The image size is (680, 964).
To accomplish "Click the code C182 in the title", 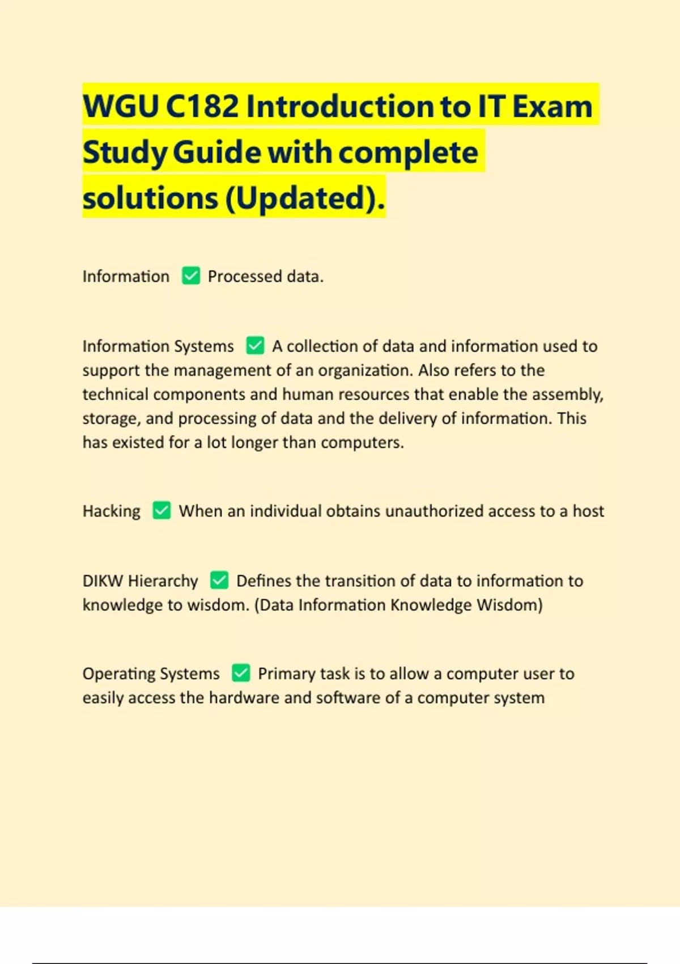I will tap(202, 106).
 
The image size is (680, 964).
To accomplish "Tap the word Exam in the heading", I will tap(552, 106).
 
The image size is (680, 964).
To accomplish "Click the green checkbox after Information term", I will tap(191, 276).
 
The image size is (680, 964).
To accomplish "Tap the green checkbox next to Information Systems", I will tap(255, 345).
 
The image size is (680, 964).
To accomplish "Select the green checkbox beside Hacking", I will tap(161, 510).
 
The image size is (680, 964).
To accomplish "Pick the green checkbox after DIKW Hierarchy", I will tap(219, 580).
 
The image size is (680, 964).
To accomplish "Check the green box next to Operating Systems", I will tap(241, 673).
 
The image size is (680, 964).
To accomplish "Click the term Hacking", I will tap(112, 511).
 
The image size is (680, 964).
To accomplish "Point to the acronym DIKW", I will tap(103, 581).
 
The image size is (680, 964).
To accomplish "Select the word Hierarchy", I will tap(163, 581).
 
